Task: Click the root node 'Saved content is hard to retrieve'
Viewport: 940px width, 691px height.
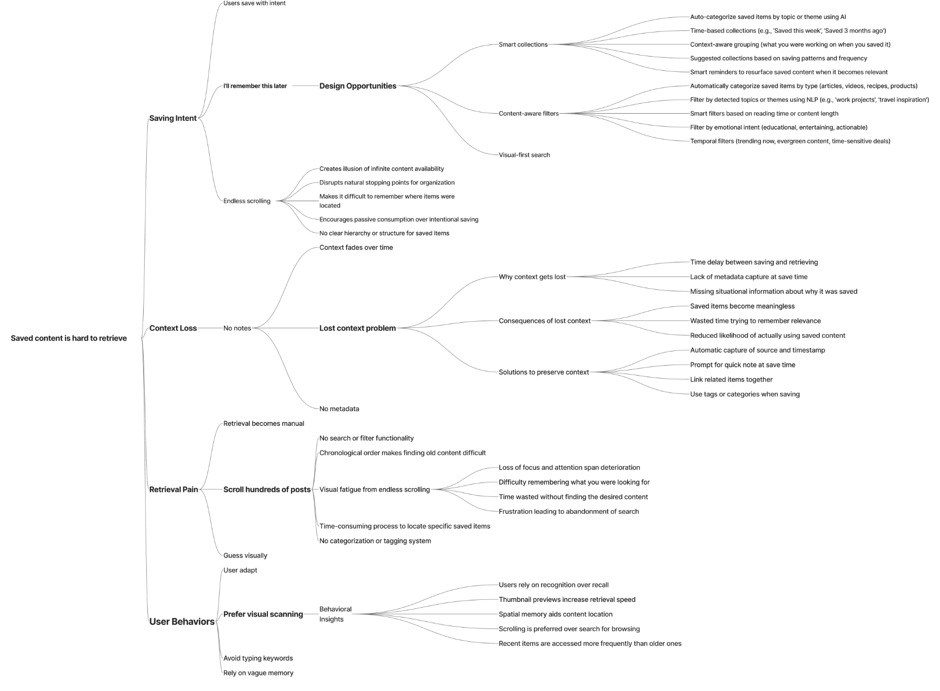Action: [69, 338]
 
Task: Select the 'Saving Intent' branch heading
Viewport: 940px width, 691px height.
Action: [173, 118]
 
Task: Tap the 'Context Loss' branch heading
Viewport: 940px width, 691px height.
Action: [173, 328]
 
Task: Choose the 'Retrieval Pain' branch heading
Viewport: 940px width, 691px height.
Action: [174, 490]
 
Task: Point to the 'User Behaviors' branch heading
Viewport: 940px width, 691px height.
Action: [182, 622]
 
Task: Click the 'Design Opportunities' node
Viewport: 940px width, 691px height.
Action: [358, 86]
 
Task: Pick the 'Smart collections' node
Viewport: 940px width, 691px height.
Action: [523, 45]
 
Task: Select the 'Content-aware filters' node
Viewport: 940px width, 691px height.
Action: [528, 114]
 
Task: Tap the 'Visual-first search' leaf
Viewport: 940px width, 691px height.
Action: [524, 155]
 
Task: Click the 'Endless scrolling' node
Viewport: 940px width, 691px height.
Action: [247, 201]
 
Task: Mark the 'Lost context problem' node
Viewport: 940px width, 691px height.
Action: [358, 328]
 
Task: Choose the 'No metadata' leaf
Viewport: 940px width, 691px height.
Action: [339, 409]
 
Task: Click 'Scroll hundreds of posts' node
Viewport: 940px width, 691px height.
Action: [267, 490]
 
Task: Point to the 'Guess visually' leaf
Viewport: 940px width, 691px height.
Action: [245, 556]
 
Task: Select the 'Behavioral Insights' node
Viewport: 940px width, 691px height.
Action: [336, 615]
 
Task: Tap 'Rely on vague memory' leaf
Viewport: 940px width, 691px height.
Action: [258, 673]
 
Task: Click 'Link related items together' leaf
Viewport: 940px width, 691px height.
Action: [731, 380]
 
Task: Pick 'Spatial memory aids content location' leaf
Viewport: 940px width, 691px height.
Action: [556, 615]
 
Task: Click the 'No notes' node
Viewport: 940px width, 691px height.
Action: [237, 328]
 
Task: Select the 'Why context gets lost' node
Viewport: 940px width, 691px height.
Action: [532, 277]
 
